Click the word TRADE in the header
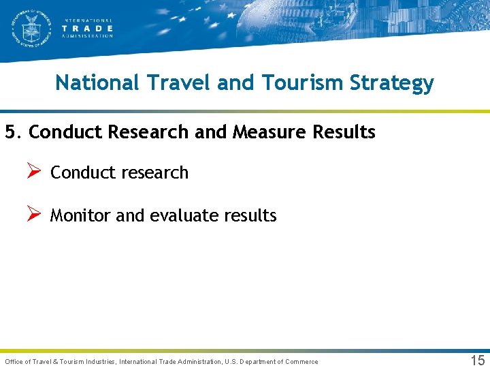click(87, 28)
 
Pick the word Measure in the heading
click(269, 132)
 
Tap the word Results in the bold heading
click(344, 132)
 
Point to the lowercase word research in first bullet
click(158, 173)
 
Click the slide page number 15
click(478, 361)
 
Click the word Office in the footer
click(15, 361)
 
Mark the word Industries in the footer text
click(98, 361)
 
